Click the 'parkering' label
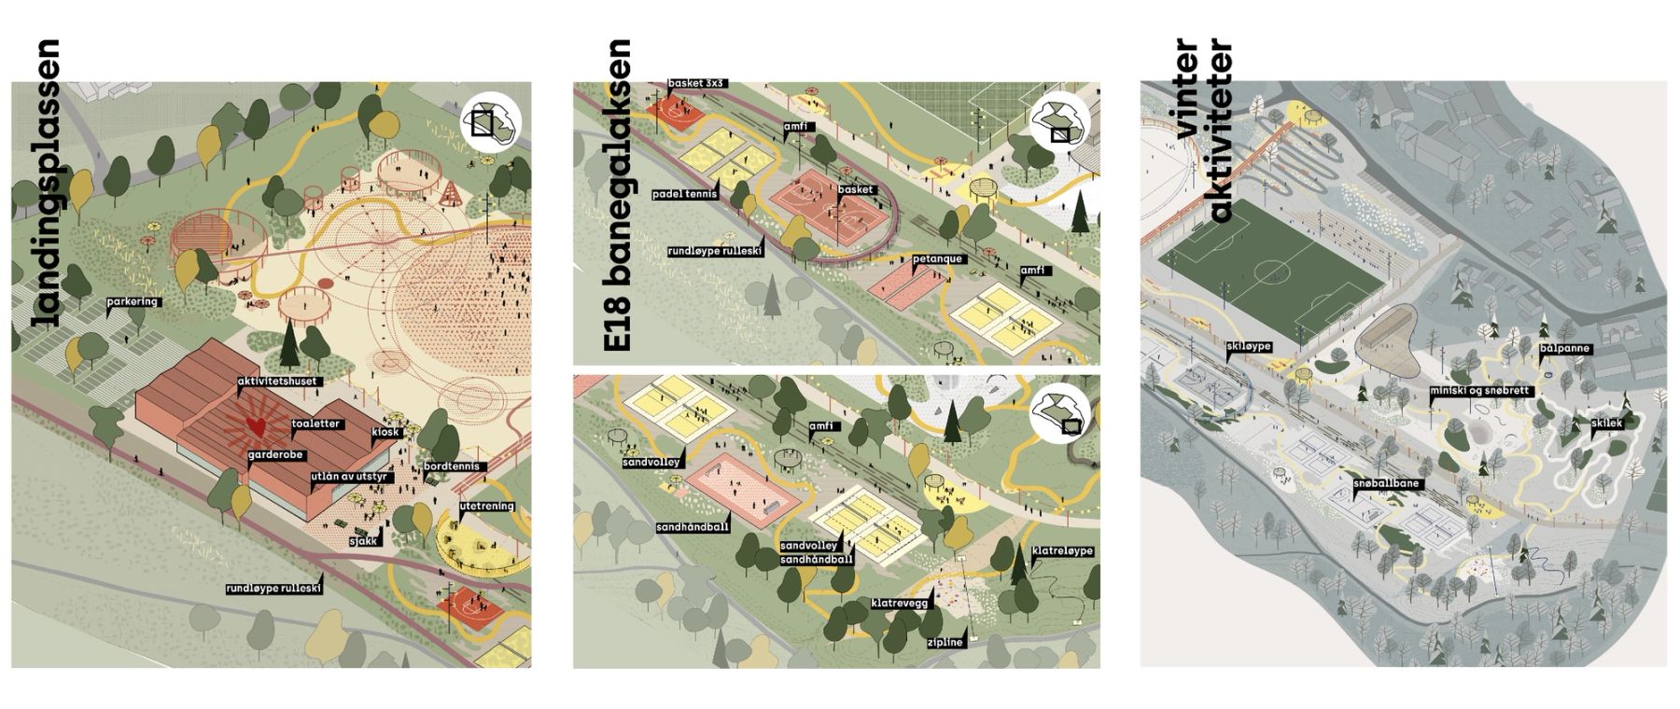133,302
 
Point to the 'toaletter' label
316,424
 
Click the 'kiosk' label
385,432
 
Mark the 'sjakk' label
362,540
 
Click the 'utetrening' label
486,507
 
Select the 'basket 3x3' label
697,83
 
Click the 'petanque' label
939,258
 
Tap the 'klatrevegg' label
901,604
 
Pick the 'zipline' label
945,643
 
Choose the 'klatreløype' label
1062,551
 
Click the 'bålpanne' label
1566,350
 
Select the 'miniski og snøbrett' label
1480,391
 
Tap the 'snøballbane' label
1388,484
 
